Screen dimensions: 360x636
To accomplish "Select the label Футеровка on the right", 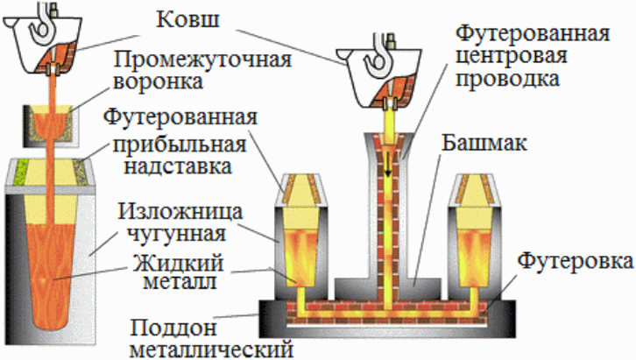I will tap(574, 262).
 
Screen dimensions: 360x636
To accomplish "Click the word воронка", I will tap(160, 85).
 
